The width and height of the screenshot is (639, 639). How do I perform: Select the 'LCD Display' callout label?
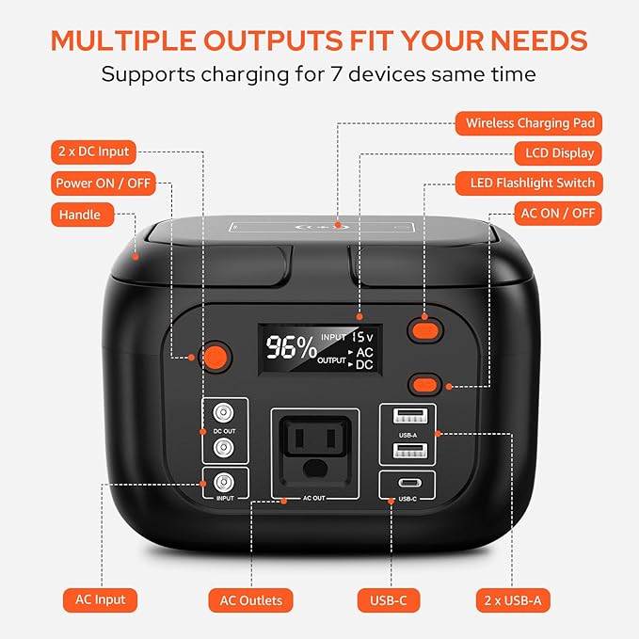[x=554, y=152]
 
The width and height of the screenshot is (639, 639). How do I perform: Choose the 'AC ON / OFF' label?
[x=558, y=213]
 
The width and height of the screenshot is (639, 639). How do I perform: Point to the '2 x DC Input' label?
[x=92, y=152]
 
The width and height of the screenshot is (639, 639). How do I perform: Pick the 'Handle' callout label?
[x=80, y=215]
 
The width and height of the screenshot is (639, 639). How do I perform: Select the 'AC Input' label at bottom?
[x=100, y=599]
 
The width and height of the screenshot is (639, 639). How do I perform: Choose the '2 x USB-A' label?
[x=513, y=599]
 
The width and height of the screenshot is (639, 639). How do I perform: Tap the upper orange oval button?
[x=424, y=329]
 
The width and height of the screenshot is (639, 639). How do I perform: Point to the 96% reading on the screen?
[x=290, y=347]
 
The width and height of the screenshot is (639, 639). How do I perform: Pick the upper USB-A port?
[x=407, y=416]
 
